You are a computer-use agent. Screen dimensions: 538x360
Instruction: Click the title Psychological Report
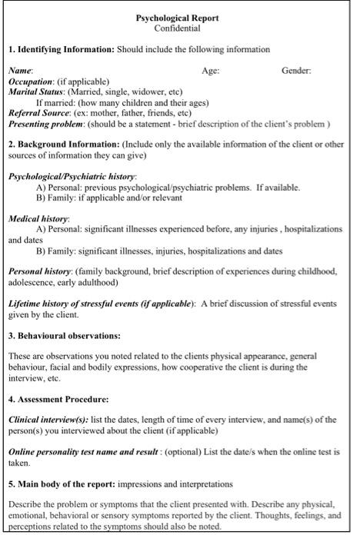[177, 18]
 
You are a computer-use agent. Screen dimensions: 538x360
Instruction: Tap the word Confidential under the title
[177, 28]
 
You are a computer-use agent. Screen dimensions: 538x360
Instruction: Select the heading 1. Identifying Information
[62, 49]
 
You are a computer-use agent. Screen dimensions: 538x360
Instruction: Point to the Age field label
[210, 71]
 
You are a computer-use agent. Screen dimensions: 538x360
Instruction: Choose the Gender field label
[296, 71]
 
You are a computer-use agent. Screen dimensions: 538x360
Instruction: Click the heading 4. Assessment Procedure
[58, 399]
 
